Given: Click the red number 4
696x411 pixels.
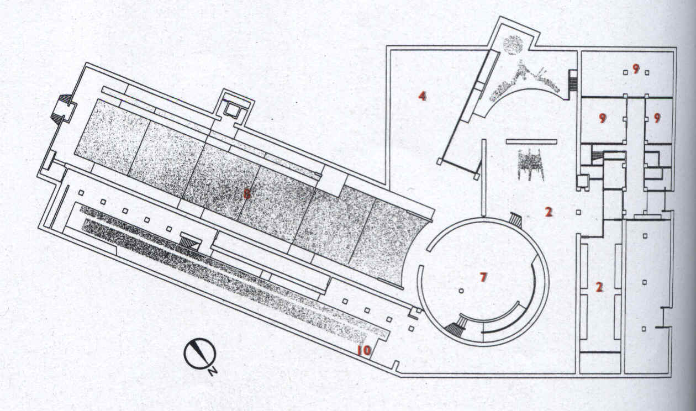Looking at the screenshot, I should point(422,96).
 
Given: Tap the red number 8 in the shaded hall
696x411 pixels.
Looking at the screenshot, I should point(247,193).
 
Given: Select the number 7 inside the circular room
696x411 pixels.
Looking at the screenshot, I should point(483,277).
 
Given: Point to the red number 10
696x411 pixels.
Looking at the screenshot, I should point(363,350).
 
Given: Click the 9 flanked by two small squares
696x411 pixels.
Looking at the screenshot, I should point(636,69).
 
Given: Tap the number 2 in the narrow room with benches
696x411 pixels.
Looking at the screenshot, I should point(599,287).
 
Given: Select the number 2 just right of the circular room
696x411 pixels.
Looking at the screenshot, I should point(549,212).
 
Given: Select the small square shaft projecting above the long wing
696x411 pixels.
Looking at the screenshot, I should point(232,110).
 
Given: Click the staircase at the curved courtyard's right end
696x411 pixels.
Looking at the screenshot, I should point(573,82).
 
